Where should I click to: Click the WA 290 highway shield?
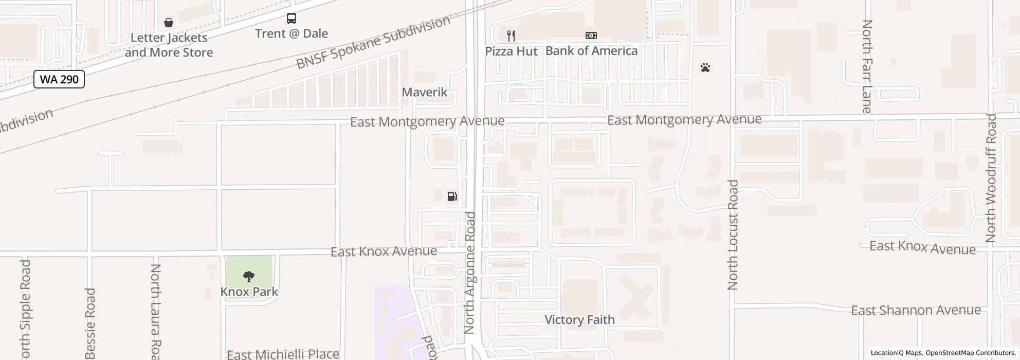tap(59, 79)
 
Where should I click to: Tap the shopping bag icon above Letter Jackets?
tap(168, 23)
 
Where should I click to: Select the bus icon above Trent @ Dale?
tap(292, 19)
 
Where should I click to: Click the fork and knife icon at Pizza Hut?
tap(511, 35)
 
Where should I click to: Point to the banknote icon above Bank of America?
tap(591, 35)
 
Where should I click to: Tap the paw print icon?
tap(705, 67)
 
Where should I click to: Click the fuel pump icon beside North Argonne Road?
tap(452, 196)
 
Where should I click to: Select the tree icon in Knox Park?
tap(249, 277)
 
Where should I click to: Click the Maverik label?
tap(425, 92)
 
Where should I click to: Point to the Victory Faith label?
tap(579, 320)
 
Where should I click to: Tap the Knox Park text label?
tap(249, 292)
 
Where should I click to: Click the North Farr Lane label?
tap(867, 66)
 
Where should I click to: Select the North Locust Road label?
tap(733, 235)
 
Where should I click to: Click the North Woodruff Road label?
tap(991, 178)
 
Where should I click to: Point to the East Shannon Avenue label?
tap(916, 310)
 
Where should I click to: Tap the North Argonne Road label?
tap(470, 273)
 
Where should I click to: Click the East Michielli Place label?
tap(283, 354)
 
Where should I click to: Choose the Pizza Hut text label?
tap(512, 51)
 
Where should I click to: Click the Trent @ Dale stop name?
tap(292, 33)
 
